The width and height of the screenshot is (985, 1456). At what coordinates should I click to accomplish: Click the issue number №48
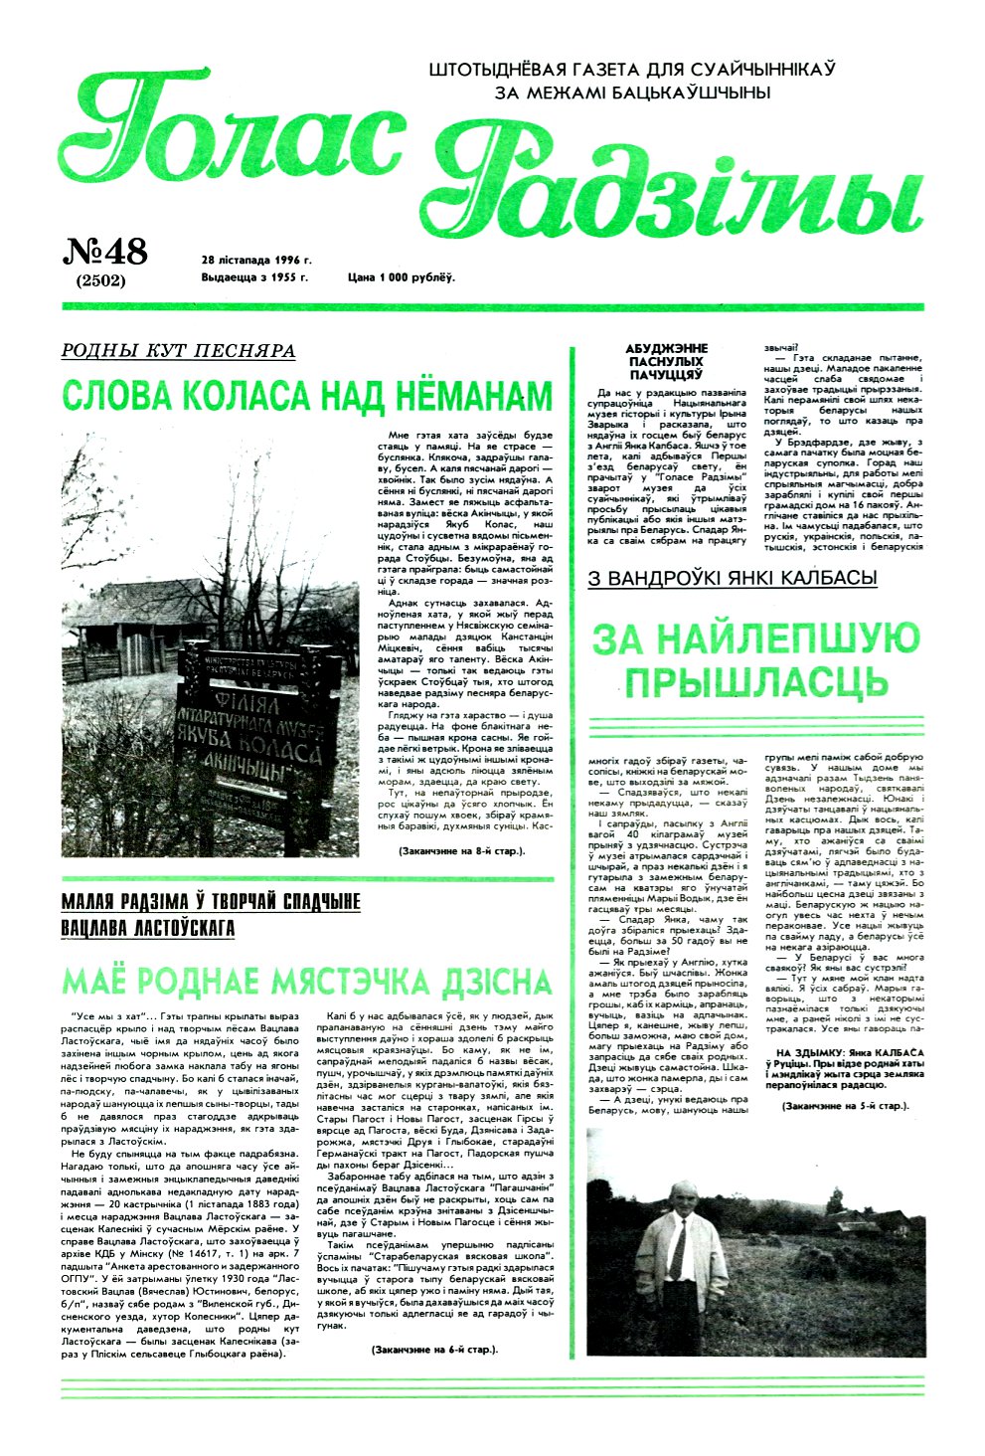click(x=105, y=253)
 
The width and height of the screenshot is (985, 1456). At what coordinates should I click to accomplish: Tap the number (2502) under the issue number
click(x=100, y=280)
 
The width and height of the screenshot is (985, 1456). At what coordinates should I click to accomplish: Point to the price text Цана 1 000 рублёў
click(x=401, y=277)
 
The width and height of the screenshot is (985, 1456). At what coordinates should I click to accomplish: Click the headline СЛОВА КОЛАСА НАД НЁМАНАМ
click(x=306, y=396)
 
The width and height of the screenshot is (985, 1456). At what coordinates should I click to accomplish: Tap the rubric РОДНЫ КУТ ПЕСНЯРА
click(x=178, y=350)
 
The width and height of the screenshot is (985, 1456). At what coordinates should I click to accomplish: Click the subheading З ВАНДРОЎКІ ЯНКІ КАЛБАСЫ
click(x=732, y=578)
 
